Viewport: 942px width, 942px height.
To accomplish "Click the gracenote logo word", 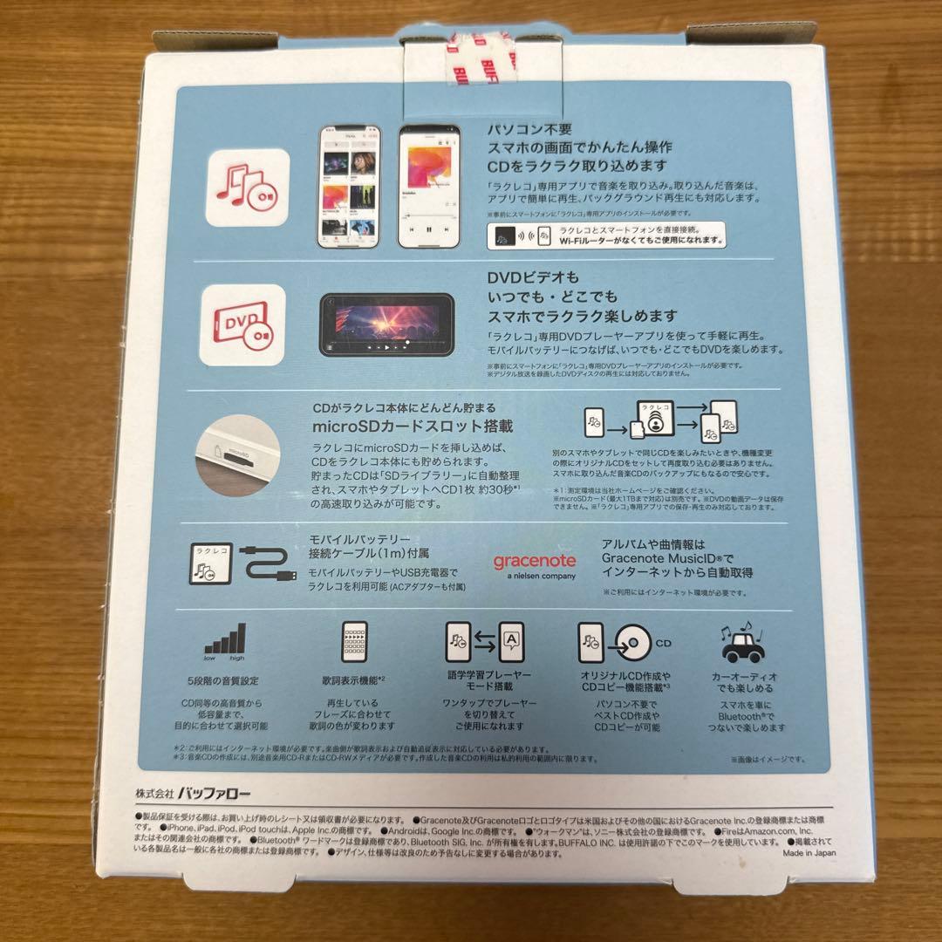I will point(535,561).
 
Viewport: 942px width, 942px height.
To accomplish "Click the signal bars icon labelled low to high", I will point(224,642).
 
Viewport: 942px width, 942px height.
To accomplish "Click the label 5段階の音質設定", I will point(223,679).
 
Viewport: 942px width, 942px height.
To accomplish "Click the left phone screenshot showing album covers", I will point(346,187).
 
